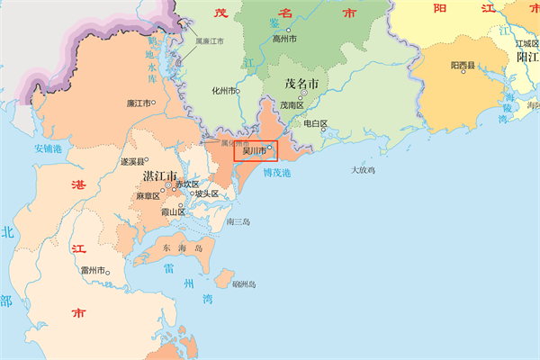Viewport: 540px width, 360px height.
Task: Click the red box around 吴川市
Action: coord(256,150)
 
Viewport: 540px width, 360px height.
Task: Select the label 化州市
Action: coord(222,91)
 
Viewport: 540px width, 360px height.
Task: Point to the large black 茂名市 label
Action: coord(302,83)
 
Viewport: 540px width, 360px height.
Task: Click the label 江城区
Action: coord(526,43)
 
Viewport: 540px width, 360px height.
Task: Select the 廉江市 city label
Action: coord(139,103)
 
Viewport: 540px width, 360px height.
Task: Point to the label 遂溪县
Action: coord(132,162)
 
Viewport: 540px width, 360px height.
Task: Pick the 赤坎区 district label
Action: coord(186,184)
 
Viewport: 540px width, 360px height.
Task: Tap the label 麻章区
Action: coord(148,195)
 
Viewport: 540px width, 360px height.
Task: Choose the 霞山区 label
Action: coord(172,212)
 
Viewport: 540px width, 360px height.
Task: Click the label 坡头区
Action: coord(207,193)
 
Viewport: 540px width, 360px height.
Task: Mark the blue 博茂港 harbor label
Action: coord(277,172)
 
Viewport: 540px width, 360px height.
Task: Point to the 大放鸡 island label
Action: coord(363,169)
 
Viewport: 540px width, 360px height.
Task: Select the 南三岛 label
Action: coord(238,220)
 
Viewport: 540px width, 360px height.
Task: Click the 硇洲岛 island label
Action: coord(244,284)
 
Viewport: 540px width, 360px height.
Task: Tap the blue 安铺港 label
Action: coord(49,148)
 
